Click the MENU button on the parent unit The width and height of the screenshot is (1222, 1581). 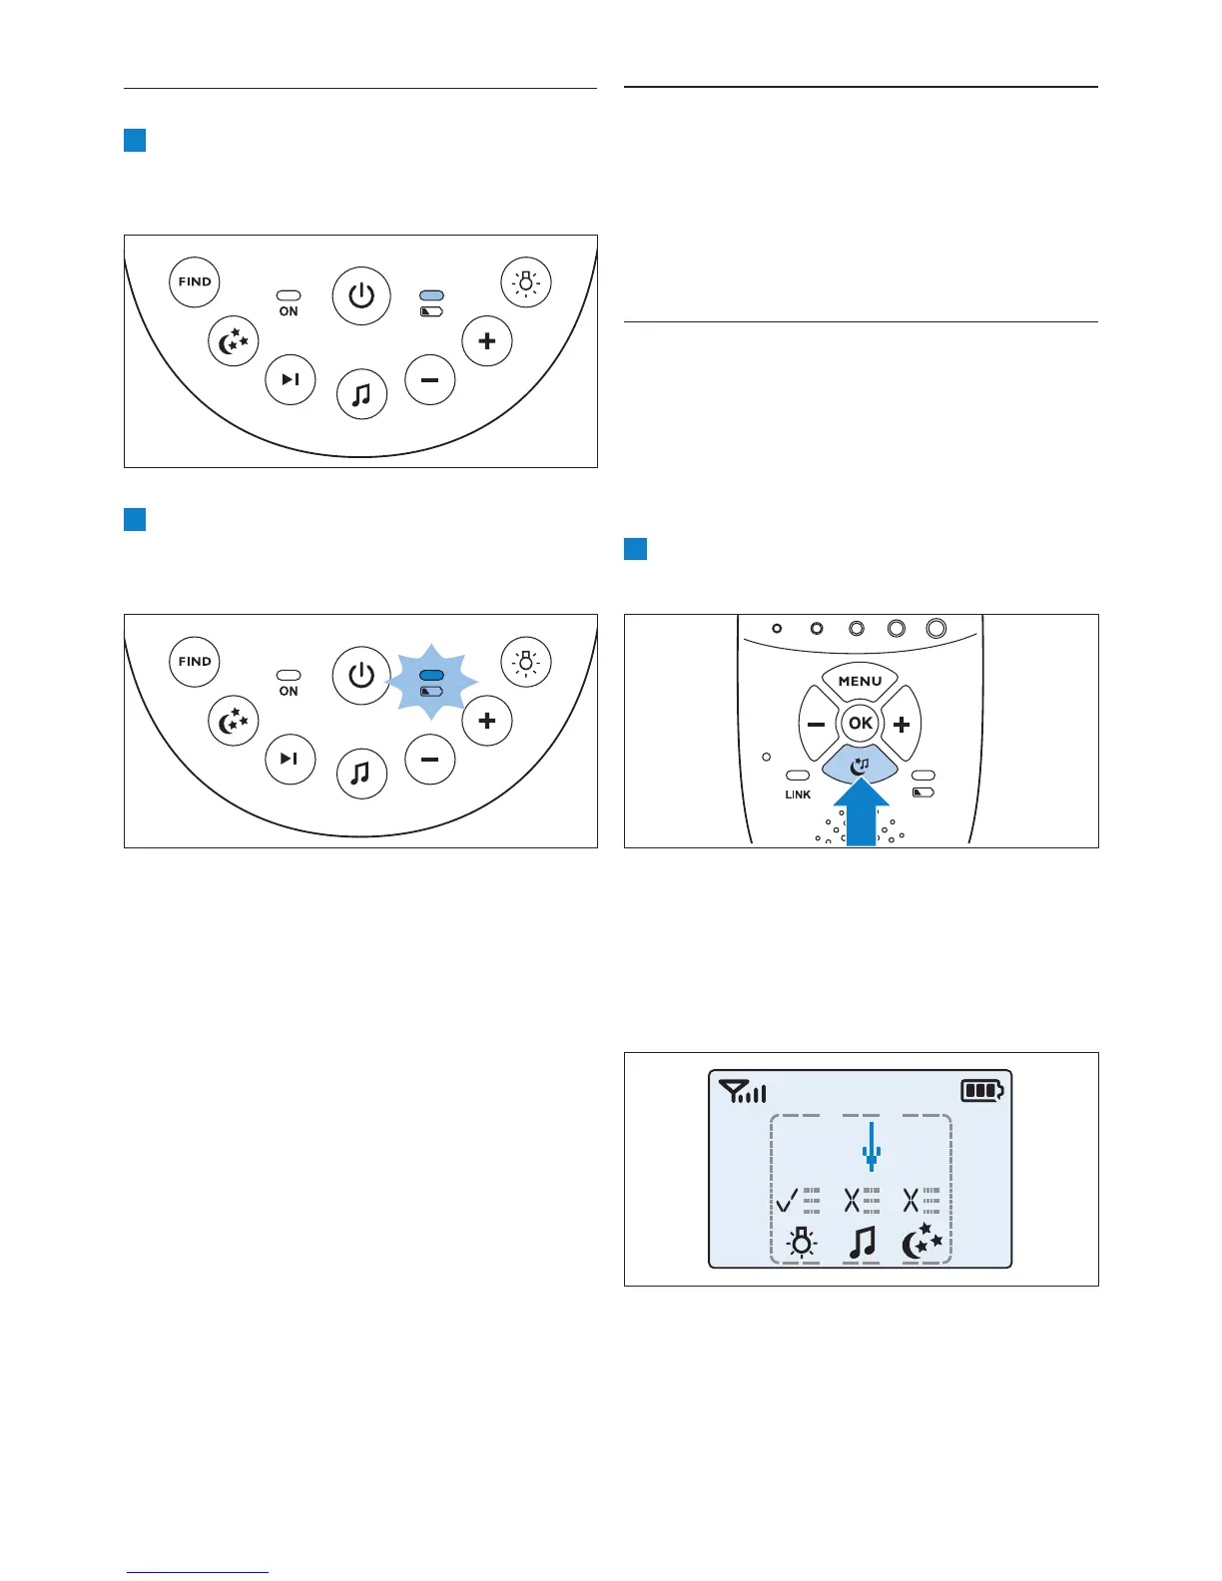[x=860, y=682]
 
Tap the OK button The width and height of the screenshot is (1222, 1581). [x=860, y=724]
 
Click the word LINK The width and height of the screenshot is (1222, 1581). [x=798, y=794]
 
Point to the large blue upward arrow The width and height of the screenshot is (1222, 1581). [x=861, y=810]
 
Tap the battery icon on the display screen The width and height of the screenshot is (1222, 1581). [x=982, y=1090]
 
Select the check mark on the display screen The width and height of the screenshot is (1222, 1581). [x=788, y=1199]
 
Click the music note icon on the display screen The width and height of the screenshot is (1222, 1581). [x=862, y=1244]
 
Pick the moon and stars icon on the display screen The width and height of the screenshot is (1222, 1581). [x=921, y=1243]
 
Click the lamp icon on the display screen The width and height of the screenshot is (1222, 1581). [x=801, y=1244]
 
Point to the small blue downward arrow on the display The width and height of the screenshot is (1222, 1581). [x=872, y=1147]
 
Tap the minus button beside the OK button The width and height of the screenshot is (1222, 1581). [x=816, y=725]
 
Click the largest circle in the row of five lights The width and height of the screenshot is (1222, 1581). [x=935, y=628]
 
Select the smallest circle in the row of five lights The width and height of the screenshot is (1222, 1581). [x=777, y=629]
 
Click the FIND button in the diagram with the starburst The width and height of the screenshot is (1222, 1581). [x=195, y=661]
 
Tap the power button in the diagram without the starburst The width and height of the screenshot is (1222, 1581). [x=361, y=295]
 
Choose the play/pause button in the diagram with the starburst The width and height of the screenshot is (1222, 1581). [x=290, y=759]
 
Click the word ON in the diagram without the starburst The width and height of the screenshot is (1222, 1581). [x=289, y=311]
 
